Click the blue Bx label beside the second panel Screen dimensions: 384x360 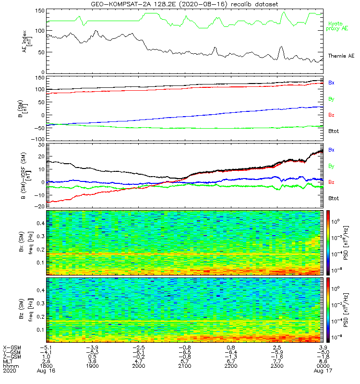click(x=331, y=83)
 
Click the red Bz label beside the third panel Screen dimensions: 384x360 click(x=331, y=182)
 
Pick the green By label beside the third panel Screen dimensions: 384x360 click(x=331, y=166)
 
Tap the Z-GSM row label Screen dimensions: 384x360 click(x=11, y=356)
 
